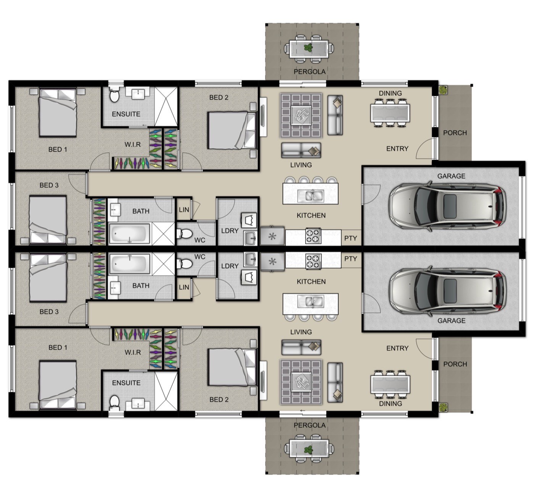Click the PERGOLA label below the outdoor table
[x=309, y=72]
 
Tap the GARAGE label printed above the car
[x=451, y=176]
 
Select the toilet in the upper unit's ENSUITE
[x=114, y=95]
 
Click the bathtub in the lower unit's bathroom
[x=130, y=264]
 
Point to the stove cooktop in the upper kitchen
[x=313, y=236]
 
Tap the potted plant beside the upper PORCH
[x=443, y=90]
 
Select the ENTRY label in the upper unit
[x=397, y=149]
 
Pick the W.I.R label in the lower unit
[x=133, y=352]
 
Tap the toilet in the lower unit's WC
[x=184, y=264]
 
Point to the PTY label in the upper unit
[x=351, y=238]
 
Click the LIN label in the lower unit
[x=184, y=287]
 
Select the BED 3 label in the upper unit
[x=49, y=185]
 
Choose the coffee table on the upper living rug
[x=301, y=115]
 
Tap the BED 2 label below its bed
[x=219, y=400]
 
